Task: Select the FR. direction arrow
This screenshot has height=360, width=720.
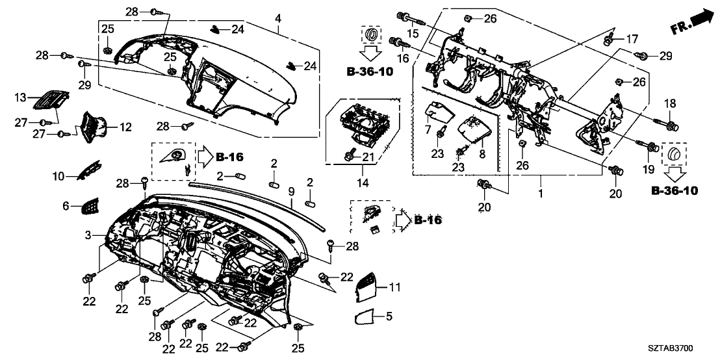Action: pos(691,20)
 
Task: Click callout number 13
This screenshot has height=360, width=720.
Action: pos(22,97)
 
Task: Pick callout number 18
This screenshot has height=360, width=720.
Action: pos(669,104)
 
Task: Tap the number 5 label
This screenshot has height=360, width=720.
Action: pos(389,316)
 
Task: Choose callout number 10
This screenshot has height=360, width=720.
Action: pos(58,175)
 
